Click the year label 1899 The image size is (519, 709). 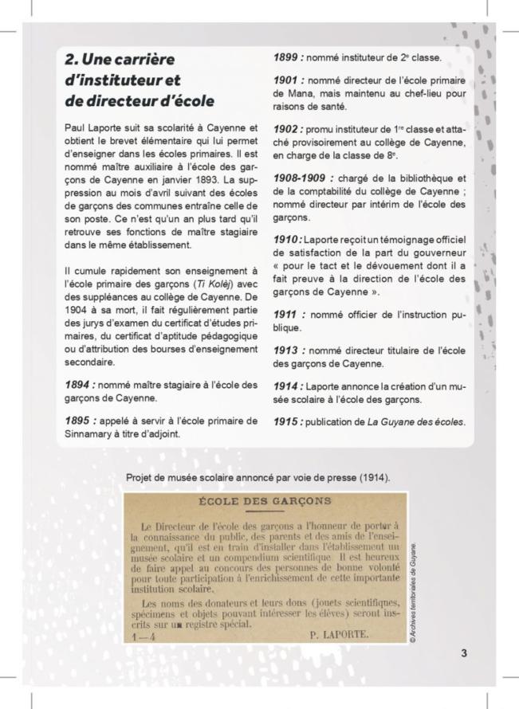point(285,57)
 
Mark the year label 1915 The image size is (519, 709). point(285,421)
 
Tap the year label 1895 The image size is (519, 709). point(81,421)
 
